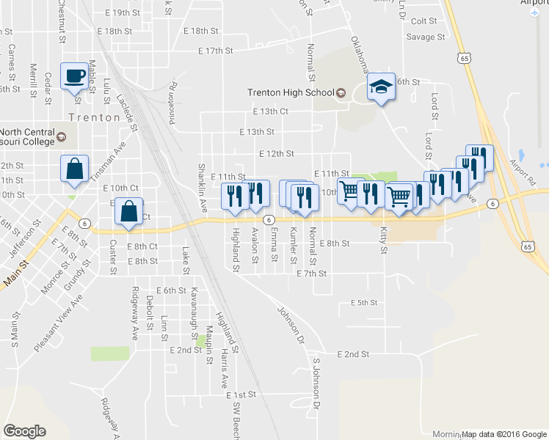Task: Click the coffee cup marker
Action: pyautogui.click(x=76, y=77)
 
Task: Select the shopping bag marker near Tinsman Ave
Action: pyautogui.click(x=75, y=169)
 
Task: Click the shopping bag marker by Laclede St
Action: pyautogui.click(x=129, y=211)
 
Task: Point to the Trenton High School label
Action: pyautogui.click(x=291, y=93)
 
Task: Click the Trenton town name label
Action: pyautogui.click(x=93, y=117)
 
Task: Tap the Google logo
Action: pyautogui.click(x=25, y=431)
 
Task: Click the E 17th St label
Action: pyautogui.click(x=215, y=51)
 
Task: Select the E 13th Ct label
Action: pyautogui.click(x=270, y=111)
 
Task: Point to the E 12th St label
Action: pyautogui.click(x=277, y=154)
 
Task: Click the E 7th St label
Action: pyautogui.click(x=311, y=273)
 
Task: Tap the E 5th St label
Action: pyautogui.click(x=363, y=302)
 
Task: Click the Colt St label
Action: pyautogui.click(x=424, y=22)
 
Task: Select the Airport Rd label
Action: pyautogui.click(x=523, y=173)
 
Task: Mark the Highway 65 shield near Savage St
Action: pyautogui.click(x=463, y=56)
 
